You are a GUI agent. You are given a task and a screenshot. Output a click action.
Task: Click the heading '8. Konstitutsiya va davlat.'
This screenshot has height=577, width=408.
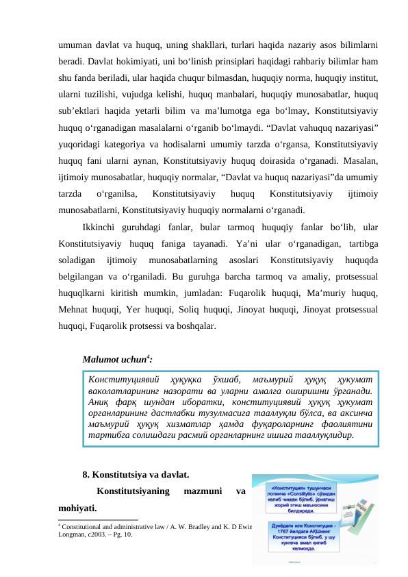136,474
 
